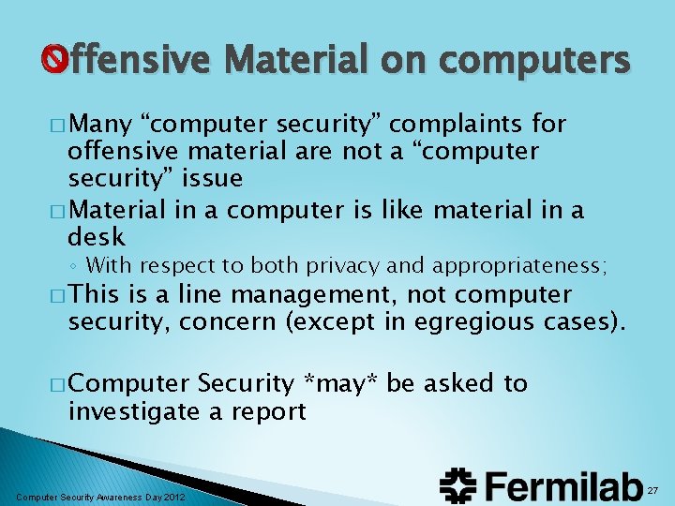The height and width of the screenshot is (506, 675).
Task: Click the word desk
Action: coord(97,238)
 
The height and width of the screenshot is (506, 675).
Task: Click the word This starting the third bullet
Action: coord(96,295)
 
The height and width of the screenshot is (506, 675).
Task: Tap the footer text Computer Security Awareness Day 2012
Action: coord(100,496)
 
